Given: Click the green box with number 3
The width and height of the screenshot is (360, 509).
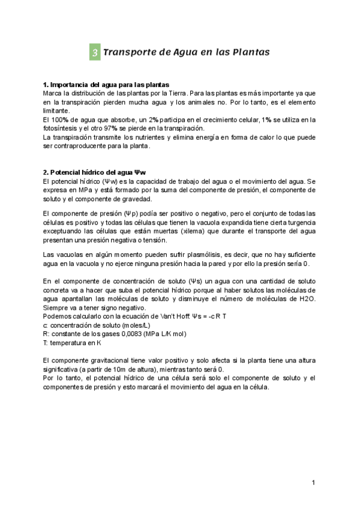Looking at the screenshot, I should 95,53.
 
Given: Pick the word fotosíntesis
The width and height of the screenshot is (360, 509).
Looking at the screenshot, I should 61,128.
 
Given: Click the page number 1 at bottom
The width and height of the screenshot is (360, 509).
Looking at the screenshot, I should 314,483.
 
